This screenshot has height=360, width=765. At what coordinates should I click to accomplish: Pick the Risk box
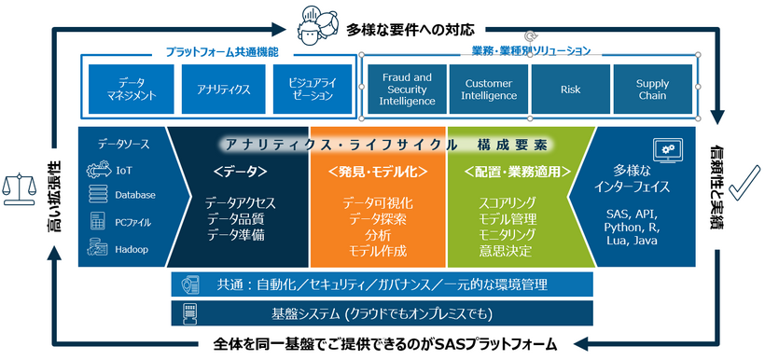pyautogui.click(x=570, y=89)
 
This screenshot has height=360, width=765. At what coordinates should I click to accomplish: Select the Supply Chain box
pyautogui.click(x=653, y=89)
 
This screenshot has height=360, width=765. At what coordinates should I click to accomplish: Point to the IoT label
pyautogui.click(x=124, y=171)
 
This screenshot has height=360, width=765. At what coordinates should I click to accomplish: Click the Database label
pyautogui.click(x=135, y=195)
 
